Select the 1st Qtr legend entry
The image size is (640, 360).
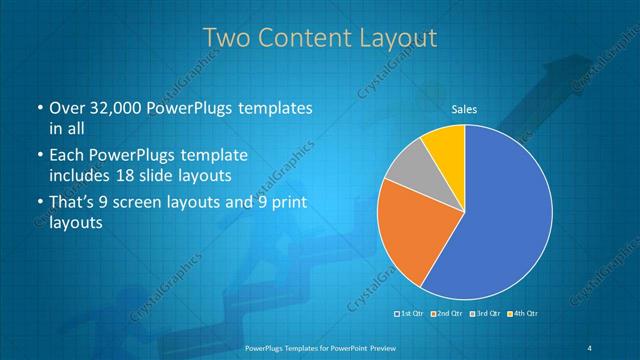coord(411,315)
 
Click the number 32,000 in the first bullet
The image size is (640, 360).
coord(114,108)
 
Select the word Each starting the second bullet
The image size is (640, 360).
coord(67,156)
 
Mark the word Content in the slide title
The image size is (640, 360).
coord(304,38)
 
